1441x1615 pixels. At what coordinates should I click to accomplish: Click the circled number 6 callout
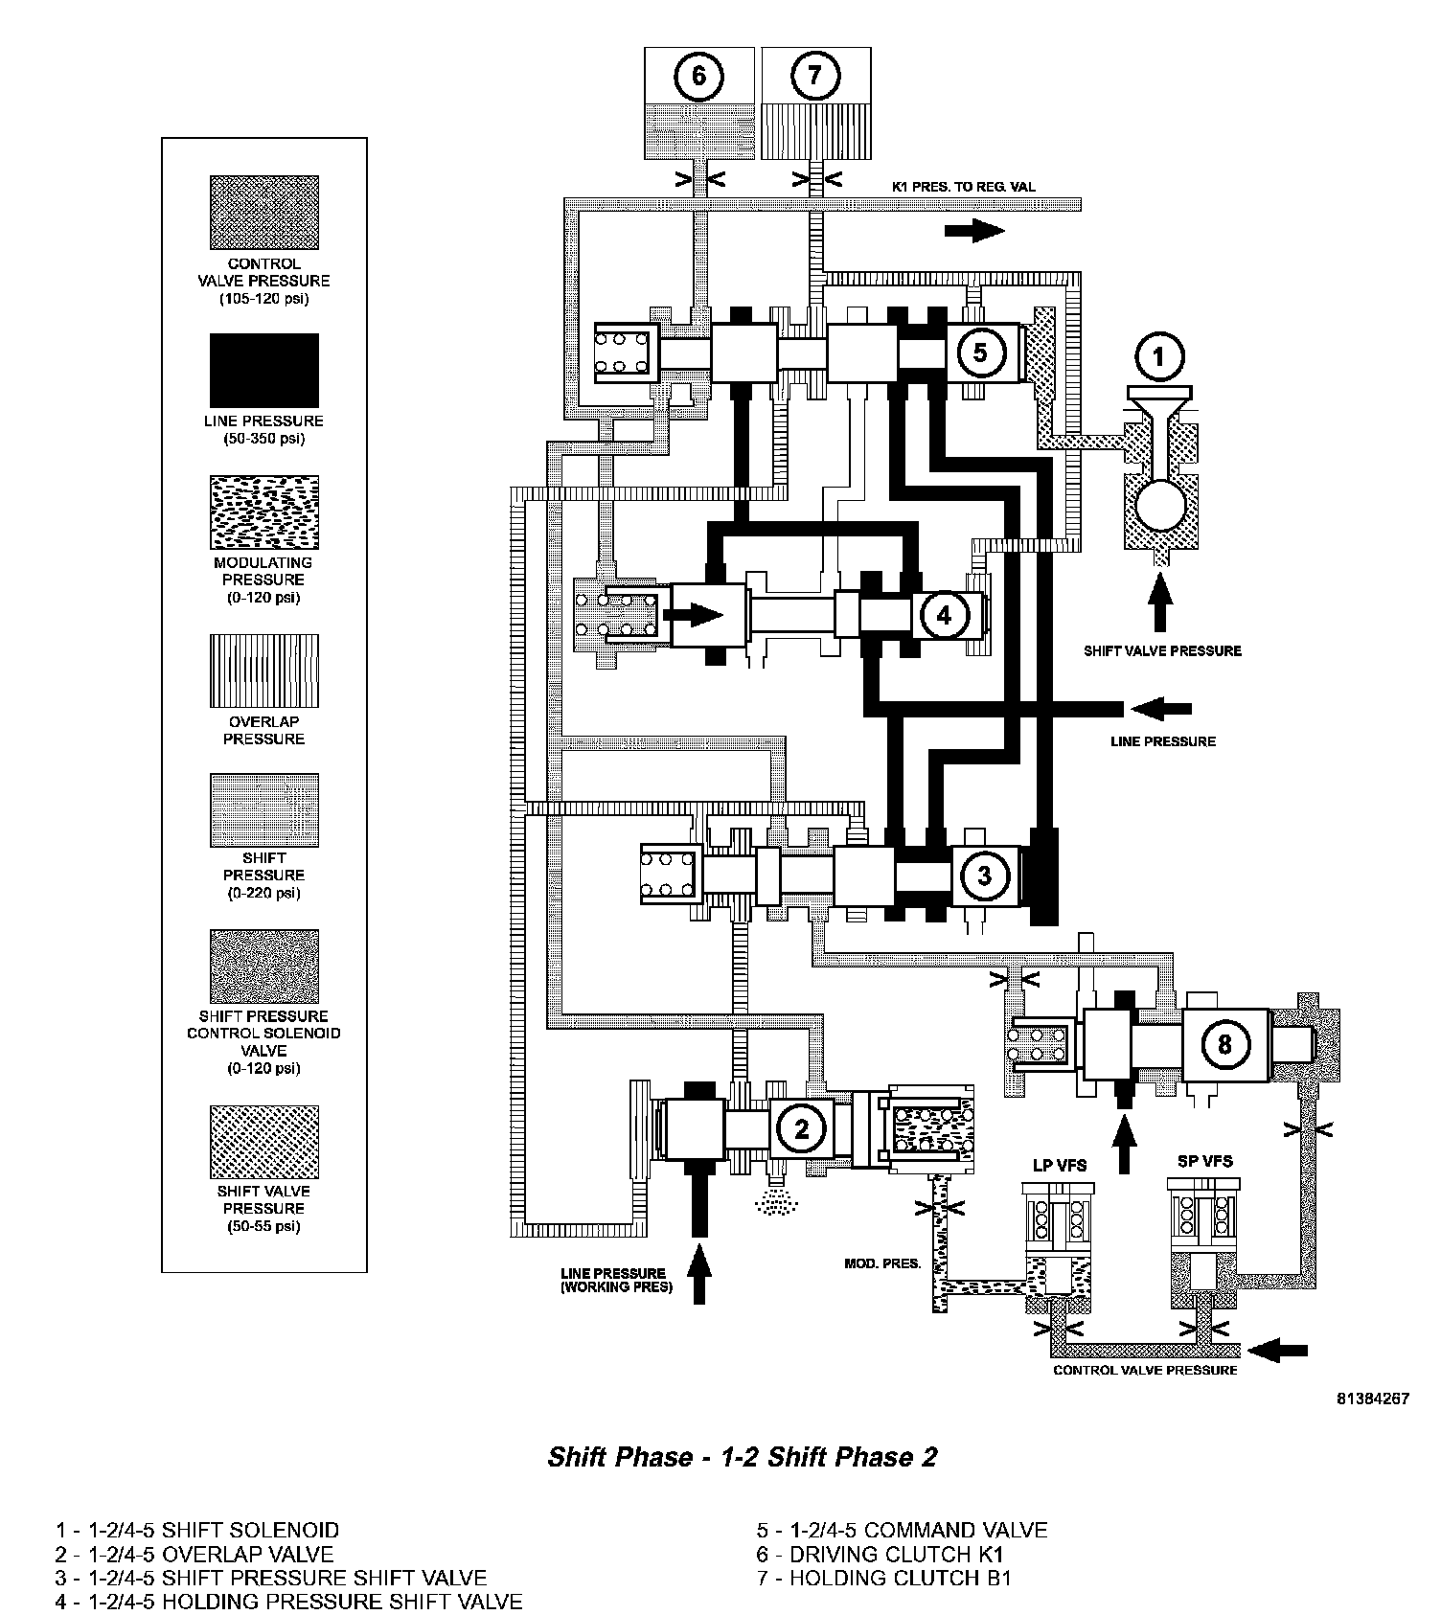coord(698,75)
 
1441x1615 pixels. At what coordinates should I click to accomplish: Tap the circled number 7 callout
coord(815,75)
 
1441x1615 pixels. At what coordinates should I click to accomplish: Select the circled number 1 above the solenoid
coord(1158,357)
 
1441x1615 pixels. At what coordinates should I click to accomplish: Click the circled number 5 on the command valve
coord(979,352)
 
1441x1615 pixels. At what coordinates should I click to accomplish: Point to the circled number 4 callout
coord(944,615)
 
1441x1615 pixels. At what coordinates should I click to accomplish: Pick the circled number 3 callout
coord(984,875)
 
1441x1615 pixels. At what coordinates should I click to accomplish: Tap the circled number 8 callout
coord(1224,1043)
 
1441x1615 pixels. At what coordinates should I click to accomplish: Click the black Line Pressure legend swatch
coord(264,370)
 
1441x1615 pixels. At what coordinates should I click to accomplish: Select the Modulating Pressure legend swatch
coord(264,512)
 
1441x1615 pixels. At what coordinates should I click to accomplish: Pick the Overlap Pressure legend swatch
coord(264,671)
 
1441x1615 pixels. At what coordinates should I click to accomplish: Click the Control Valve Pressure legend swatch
coord(264,213)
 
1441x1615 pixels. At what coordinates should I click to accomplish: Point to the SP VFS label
coord(1204,1161)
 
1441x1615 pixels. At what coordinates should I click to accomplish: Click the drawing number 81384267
coord(1373,1398)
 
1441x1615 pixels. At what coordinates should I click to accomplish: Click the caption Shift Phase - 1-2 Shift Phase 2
coord(743,1457)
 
